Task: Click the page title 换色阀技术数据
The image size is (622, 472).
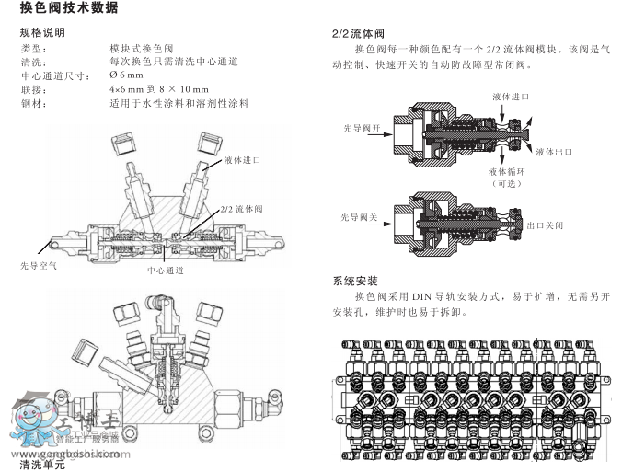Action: click(67, 9)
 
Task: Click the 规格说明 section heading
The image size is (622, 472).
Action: click(41, 33)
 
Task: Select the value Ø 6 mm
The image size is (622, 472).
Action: click(127, 75)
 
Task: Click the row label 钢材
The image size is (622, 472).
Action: click(32, 103)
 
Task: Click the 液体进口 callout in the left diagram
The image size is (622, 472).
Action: click(242, 159)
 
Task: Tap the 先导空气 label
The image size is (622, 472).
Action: click(38, 265)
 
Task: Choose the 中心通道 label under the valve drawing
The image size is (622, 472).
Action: click(166, 271)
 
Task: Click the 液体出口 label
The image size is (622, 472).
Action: click(554, 151)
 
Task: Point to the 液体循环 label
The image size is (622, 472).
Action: click(506, 171)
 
